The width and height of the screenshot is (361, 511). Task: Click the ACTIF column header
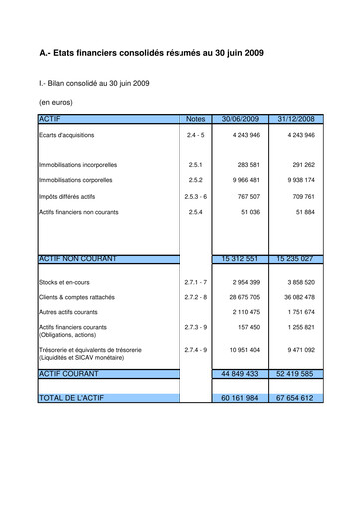(49, 118)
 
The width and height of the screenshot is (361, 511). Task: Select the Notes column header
(195, 118)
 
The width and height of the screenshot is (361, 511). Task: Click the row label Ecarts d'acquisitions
(67, 135)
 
